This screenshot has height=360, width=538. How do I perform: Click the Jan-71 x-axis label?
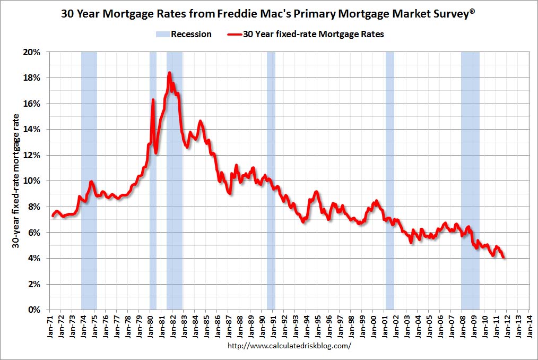[x=49, y=323]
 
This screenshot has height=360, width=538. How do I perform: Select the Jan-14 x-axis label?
[x=530, y=323]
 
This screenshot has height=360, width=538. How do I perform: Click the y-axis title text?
[x=18, y=181]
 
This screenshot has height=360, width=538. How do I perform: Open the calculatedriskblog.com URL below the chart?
[x=289, y=346]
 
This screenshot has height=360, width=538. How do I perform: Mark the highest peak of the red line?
[x=169, y=73]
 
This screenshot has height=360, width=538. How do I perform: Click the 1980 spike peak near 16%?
[x=153, y=100]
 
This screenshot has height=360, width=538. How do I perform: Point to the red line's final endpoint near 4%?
[x=504, y=258]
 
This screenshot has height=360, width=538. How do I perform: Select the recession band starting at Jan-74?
[x=89, y=181]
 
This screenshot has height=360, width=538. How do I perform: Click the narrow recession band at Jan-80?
[x=153, y=212]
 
